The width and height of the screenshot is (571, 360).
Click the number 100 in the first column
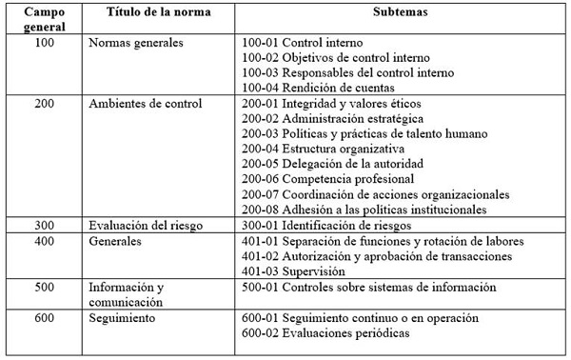44,44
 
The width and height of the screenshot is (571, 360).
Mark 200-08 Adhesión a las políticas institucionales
364,210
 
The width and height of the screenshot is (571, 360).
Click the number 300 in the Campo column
44,226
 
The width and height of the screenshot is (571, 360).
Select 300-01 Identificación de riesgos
325,226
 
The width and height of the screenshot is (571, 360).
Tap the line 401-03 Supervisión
292,271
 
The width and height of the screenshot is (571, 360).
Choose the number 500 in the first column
44,288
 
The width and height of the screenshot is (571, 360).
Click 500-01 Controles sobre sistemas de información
358,288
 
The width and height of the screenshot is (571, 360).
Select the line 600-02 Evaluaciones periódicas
326,333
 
